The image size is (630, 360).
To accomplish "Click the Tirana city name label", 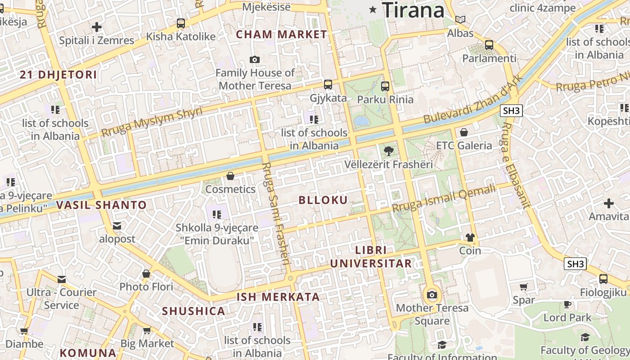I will pos(413,10).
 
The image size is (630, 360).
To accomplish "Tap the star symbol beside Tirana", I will pos(373,9).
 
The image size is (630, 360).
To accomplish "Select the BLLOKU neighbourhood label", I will pos(324,200).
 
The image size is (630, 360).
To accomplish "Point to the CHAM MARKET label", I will pos(282,35).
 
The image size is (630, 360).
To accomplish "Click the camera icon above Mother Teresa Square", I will pos(432,295).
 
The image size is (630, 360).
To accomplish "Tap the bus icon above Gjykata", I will pos(328,85).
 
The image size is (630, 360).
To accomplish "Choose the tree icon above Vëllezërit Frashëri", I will pos(388,151).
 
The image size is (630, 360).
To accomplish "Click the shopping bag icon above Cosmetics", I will pos(230,176).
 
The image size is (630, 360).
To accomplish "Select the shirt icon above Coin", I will pos(470,237).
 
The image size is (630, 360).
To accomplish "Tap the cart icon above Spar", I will pos(524,287).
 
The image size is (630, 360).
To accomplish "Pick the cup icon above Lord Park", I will pos(567,304).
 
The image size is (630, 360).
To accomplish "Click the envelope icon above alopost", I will pos(117,225).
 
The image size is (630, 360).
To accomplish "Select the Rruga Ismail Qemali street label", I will pos(444,198).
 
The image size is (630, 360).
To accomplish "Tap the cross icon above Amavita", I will pos(609,203).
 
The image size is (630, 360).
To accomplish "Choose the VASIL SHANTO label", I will pos(102,205).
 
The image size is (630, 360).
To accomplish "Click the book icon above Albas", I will pos(460,20).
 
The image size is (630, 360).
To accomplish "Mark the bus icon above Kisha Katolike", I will pos(181,23).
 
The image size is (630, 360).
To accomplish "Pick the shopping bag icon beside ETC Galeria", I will pos(464,132).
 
